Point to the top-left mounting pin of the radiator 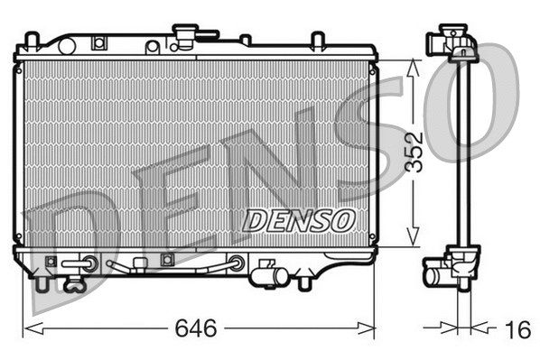(x=31, y=41)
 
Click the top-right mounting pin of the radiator (x=317, y=41)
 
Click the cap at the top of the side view (x=458, y=42)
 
